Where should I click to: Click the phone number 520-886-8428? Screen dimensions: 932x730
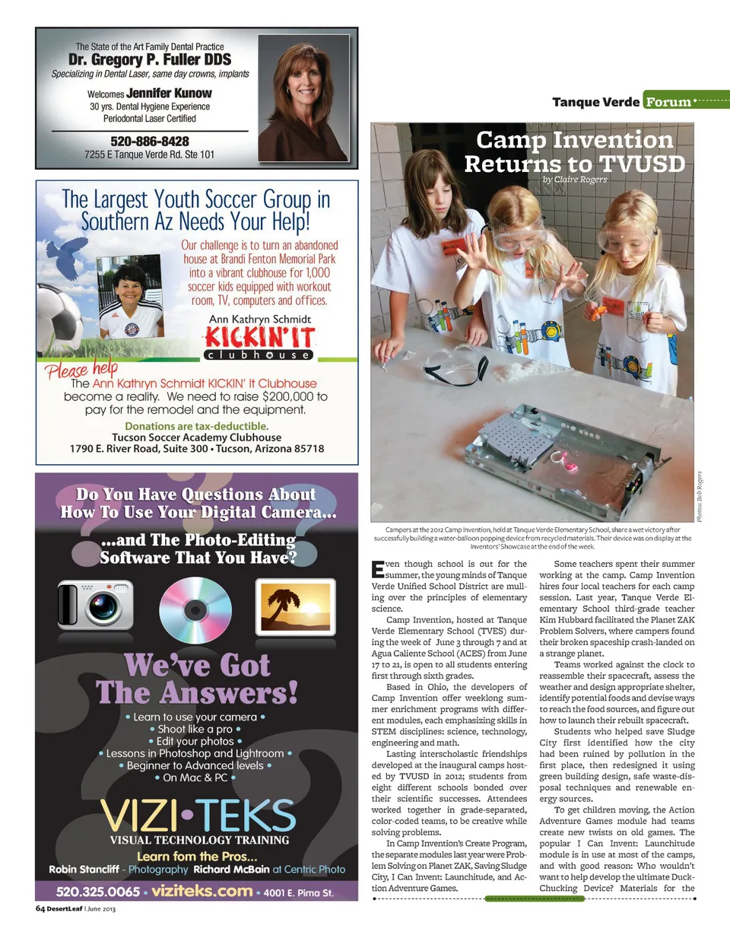(x=150, y=142)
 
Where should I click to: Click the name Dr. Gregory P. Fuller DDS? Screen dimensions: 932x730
(x=150, y=59)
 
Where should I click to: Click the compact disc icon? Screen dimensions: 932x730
(x=195, y=609)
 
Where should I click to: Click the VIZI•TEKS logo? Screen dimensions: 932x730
(x=197, y=816)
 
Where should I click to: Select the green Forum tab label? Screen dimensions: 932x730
(x=668, y=101)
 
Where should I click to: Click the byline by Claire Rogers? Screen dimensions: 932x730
(x=575, y=180)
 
